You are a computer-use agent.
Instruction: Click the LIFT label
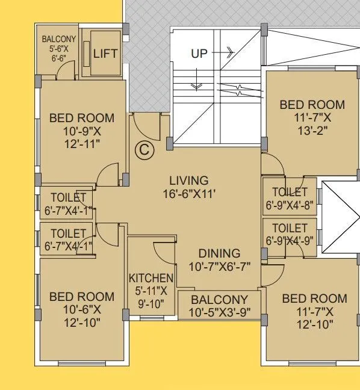[105, 54]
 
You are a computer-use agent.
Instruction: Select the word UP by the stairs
[199, 54]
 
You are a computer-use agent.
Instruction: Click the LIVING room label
[188, 180]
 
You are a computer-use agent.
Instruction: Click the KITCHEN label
[151, 279]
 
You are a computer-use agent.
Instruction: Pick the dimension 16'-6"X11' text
[188, 194]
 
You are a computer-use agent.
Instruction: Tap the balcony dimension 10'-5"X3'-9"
[219, 313]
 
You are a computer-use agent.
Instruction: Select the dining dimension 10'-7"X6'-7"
[219, 267]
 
